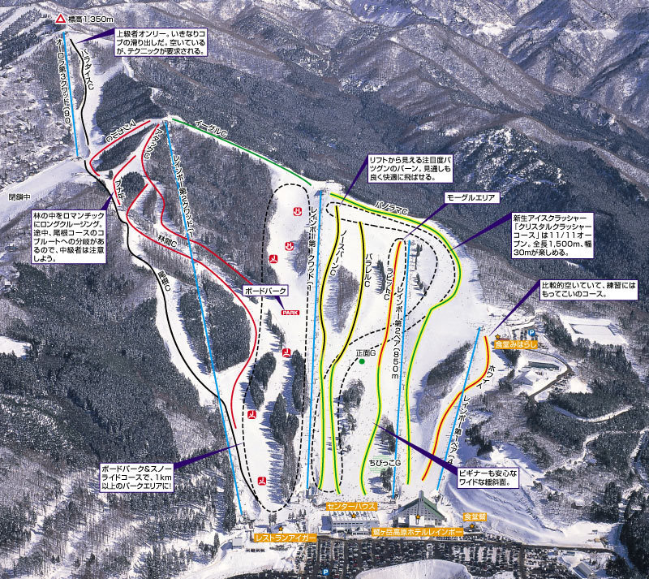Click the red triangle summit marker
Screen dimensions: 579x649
point(61,18)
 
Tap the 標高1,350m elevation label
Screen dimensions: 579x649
point(87,18)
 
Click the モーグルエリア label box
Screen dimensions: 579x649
point(470,197)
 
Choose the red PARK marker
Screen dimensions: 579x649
point(289,312)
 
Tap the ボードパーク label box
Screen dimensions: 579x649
point(264,290)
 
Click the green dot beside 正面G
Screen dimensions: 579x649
point(362,361)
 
